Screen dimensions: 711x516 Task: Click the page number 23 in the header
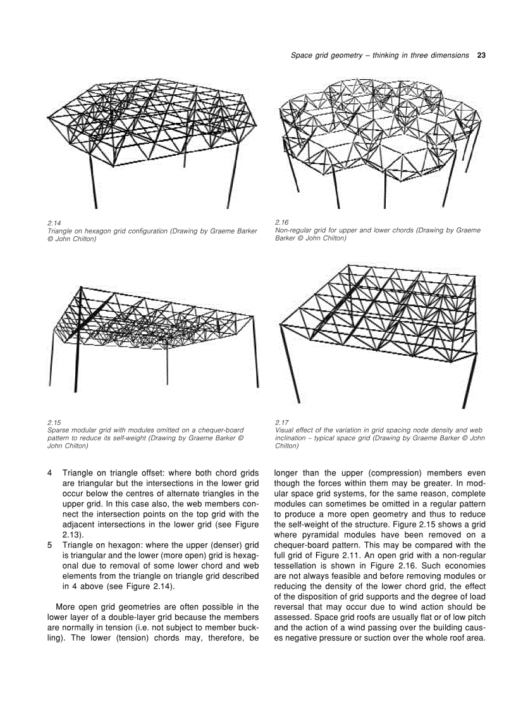(481, 55)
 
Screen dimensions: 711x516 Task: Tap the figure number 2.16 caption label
(281, 223)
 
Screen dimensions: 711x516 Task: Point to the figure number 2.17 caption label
(281, 422)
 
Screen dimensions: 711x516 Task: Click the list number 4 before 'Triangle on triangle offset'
(49, 473)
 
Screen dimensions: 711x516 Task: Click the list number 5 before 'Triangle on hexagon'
(49, 544)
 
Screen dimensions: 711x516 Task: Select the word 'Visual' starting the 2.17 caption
(285, 430)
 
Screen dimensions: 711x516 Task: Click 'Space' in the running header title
(300, 55)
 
